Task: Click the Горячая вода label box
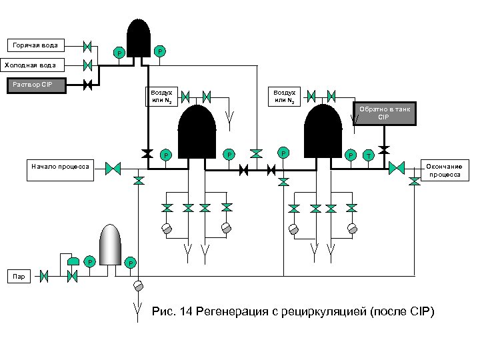tap(36, 45)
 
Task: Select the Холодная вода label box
tap(32, 65)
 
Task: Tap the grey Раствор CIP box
tap(37, 85)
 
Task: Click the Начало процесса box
tap(60, 170)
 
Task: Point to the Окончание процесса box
tap(445, 170)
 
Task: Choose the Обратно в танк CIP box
tap(385, 113)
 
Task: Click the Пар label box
tap(19, 277)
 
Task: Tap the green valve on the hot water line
tap(87, 47)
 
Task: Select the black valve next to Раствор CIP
tap(87, 85)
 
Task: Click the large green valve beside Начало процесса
tap(113, 169)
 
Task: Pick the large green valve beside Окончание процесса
tap(397, 168)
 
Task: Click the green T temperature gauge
tap(369, 155)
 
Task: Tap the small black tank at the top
tap(139, 38)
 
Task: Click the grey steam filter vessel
tap(111, 244)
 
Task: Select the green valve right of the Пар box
tap(44, 277)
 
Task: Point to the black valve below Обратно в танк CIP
tap(384, 150)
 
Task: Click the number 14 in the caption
tap(186, 311)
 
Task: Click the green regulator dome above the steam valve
tap(73, 261)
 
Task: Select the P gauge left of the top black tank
tap(119, 53)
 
